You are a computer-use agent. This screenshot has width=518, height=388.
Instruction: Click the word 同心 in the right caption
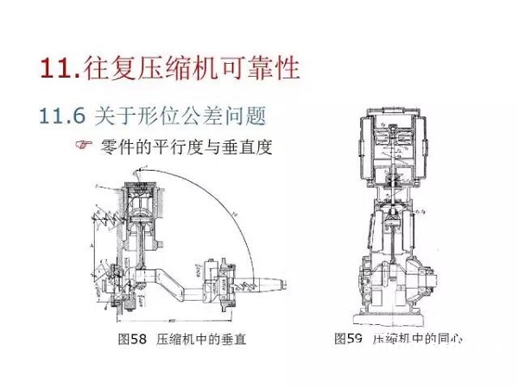pos(448,339)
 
